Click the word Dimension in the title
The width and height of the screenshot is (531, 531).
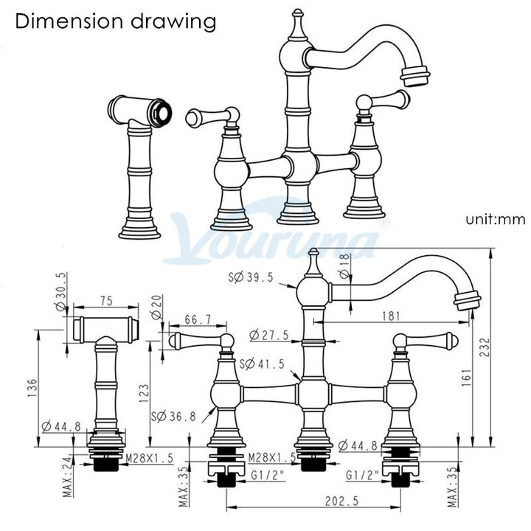(69, 21)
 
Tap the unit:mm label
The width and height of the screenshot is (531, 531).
(496, 220)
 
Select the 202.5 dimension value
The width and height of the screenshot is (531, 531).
(341, 501)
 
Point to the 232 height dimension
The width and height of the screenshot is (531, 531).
(485, 347)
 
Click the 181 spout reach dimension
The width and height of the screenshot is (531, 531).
(391, 316)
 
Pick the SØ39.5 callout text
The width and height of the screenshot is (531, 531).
(251, 278)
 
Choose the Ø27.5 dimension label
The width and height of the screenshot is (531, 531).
(269, 336)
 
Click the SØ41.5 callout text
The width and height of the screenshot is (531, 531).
(262, 364)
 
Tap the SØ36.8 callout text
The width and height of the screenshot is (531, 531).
(173, 416)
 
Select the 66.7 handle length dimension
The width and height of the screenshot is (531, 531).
(198, 319)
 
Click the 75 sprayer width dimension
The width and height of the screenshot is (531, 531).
(106, 301)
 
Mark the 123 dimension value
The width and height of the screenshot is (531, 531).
(144, 393)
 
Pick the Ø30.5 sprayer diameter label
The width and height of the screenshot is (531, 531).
(61, 291)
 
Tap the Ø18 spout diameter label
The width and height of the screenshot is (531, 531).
(344, 265)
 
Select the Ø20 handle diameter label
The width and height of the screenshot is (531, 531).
(157, 307)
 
